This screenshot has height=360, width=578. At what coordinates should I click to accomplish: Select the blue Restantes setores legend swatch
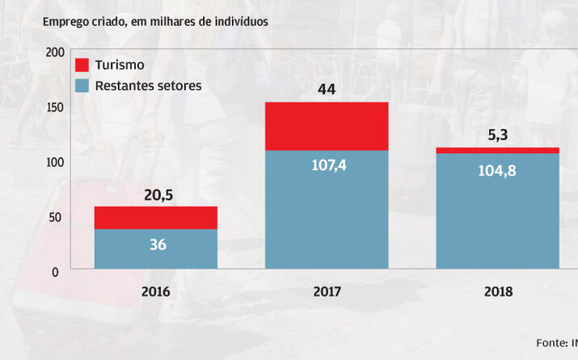[82, 85]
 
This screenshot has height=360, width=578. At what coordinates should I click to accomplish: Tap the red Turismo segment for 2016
[156, 218]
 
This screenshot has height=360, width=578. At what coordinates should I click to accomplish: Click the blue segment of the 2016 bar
[156, 249]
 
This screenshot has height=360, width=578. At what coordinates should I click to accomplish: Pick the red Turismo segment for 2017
[327, 126]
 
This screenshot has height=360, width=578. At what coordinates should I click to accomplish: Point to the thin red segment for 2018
[497, 150]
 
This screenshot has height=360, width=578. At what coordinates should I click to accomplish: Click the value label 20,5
[158, 194]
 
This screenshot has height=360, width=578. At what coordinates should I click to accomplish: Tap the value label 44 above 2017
[327, 89]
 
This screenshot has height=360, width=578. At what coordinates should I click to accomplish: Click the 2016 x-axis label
[156, 291]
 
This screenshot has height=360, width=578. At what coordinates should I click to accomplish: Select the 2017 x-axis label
[327, 291]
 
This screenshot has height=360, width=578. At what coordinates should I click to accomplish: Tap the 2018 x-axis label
[498, 291]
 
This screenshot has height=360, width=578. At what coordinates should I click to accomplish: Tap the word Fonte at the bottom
[550, 341]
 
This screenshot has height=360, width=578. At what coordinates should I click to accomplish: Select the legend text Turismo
[120, 65]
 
